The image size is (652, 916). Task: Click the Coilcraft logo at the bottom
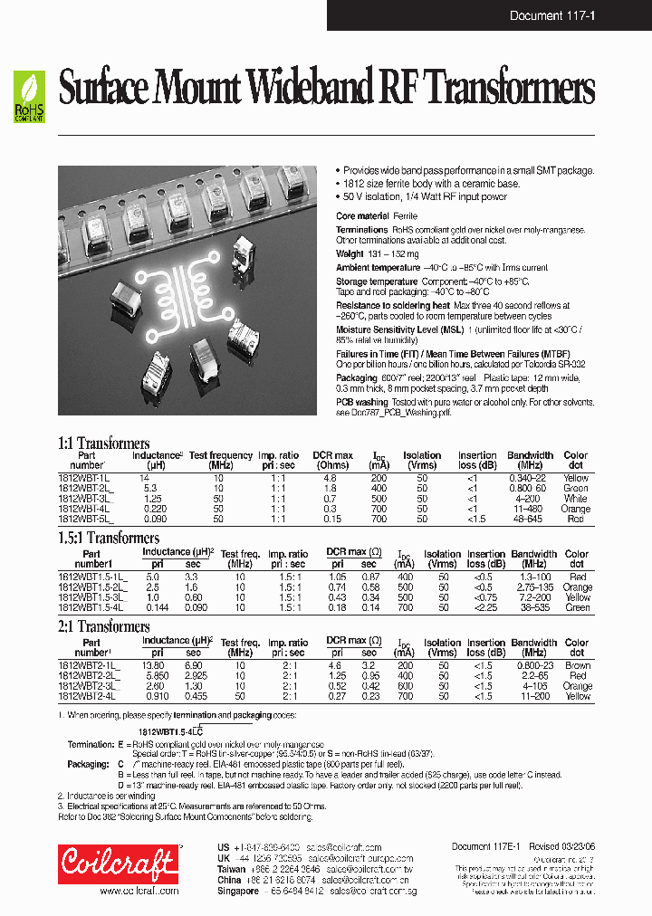click(117, 864)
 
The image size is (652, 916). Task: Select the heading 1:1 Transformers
click(103, 443)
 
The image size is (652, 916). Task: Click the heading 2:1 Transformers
click(103, 626)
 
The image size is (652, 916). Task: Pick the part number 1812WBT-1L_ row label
click(84, 477)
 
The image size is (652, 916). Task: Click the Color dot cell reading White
click(575, 499)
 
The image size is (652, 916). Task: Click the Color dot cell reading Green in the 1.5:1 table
click(578, 608)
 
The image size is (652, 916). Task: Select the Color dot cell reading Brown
click(578, 664)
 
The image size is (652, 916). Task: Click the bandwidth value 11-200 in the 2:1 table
click(534, 696)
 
